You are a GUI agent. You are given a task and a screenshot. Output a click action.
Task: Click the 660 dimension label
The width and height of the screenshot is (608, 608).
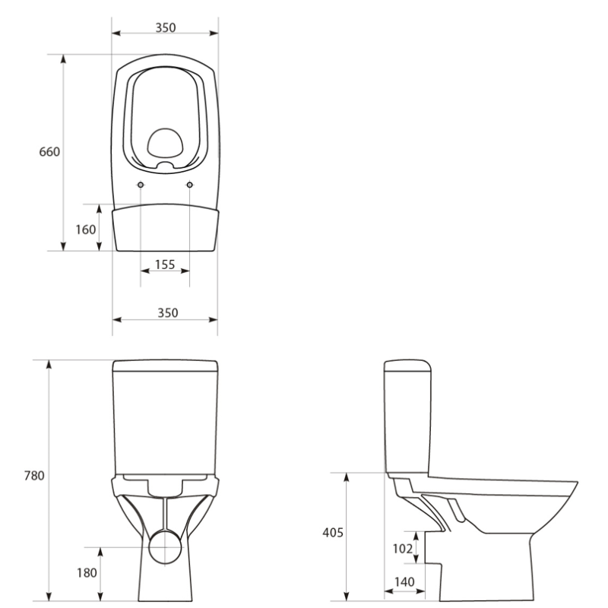pos(49,152)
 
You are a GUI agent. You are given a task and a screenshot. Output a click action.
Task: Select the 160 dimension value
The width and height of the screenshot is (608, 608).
pos(86,228)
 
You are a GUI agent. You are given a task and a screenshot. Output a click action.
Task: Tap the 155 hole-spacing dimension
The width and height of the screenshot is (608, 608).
pos(164,264)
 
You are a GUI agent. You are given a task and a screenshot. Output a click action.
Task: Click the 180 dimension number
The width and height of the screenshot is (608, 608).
pos(86,572)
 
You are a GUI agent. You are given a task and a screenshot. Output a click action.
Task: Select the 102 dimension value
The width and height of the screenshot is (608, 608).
pos(401,547)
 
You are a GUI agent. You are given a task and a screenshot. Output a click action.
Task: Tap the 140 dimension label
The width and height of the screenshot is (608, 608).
pos(404,581)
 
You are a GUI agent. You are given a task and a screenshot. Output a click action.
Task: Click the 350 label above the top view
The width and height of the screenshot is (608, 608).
pos(165,28)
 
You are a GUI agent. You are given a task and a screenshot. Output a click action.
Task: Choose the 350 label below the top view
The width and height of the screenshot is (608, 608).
pos(167,313)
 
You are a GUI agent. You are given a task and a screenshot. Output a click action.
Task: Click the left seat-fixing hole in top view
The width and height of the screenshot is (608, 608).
pos(141,185)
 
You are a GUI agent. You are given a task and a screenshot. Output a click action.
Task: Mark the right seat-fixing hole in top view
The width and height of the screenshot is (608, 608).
pos(189,185)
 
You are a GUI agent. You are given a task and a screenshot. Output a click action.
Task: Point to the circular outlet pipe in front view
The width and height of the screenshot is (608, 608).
pos(165,547)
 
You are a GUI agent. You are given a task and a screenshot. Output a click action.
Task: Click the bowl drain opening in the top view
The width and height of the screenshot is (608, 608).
pos(165,142)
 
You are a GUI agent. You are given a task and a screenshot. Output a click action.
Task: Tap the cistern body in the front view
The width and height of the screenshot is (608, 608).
pos(165,418)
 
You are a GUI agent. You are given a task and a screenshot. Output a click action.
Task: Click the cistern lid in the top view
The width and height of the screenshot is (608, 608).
pos(165,228)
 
